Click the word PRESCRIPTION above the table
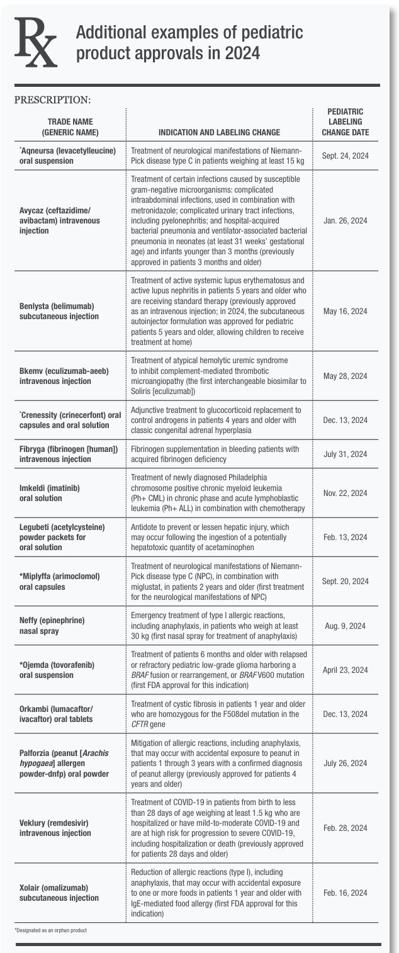tap(52, 99)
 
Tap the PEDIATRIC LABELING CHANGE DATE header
tap(346, 122)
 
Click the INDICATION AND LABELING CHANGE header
tap(219, 133)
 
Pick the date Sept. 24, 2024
tap(346, 155)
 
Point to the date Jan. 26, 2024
tap(346, 222)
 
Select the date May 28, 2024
tap(346, 376)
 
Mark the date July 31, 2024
tap(346, 454)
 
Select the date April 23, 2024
tap(346, 670)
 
